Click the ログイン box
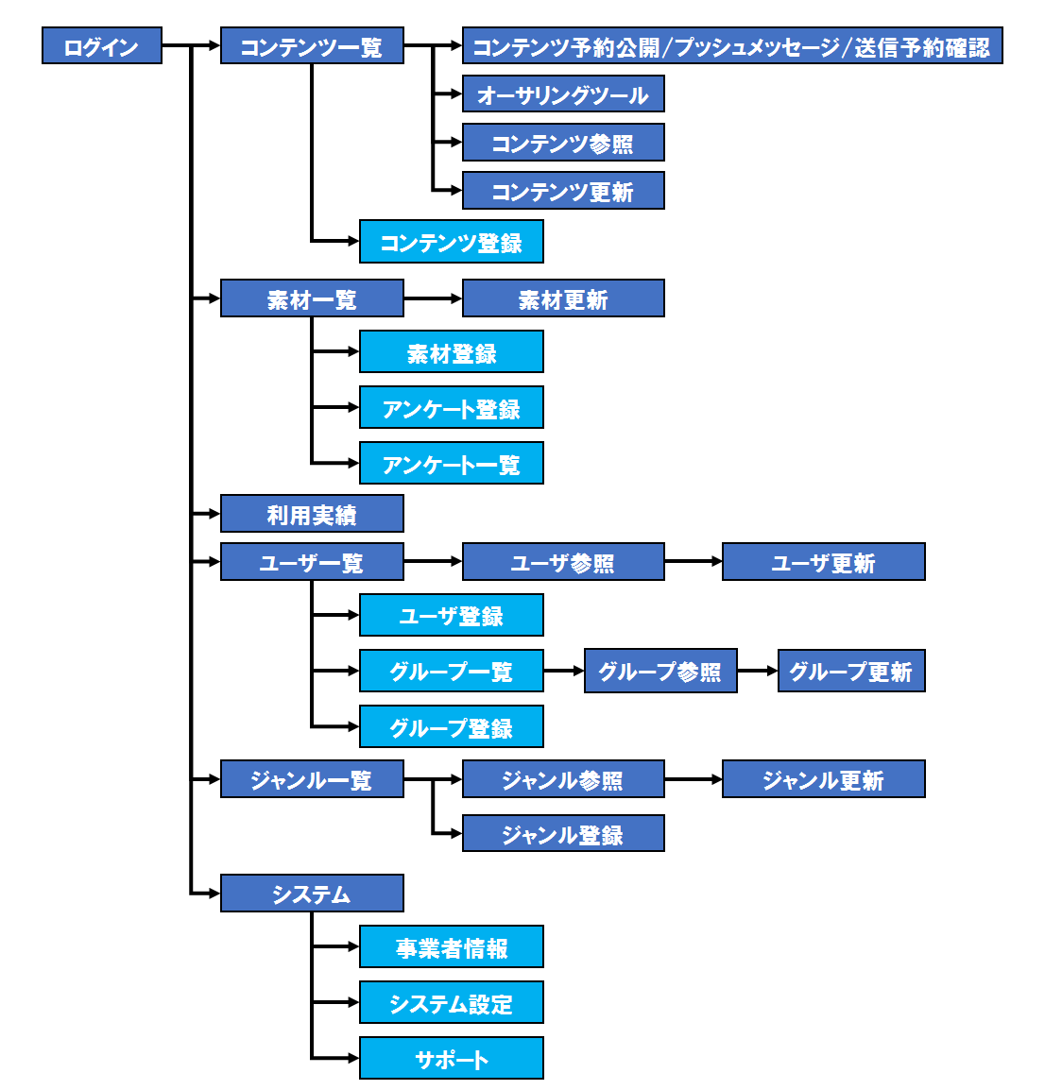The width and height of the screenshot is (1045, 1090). tap(102, 46)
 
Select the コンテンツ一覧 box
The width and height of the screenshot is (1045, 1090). tap(312, 46)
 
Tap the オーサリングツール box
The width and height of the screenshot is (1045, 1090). tap(563, 94)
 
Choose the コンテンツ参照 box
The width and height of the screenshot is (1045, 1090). tap(563, 143)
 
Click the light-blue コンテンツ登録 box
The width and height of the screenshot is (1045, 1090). tap(452, 243)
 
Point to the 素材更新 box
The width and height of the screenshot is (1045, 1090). tap(563, 298)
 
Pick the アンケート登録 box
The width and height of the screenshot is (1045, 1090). tap(452, 408)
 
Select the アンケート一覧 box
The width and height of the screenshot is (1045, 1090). tap(452, 464)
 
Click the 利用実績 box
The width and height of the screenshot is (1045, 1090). tap(312, 514)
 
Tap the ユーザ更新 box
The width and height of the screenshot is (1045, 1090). tap(823, 562)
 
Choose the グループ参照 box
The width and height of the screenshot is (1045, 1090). tap(660, 672)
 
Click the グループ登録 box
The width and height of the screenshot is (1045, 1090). tap(452, 727)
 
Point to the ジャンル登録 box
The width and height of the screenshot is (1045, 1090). tap(563, 834)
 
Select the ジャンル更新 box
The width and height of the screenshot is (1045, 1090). tap(823, 779)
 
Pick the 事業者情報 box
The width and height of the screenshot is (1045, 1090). tap(452, 947)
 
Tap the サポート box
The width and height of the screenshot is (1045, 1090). tap(452, 1059)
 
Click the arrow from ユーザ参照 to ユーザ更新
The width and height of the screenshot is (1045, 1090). tap(694, 562)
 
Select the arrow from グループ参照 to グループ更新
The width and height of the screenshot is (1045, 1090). tap(757, 672)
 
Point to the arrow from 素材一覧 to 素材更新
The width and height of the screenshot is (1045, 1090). tap(433, 298)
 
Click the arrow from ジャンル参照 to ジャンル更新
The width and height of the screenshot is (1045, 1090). tap(694, 779)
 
